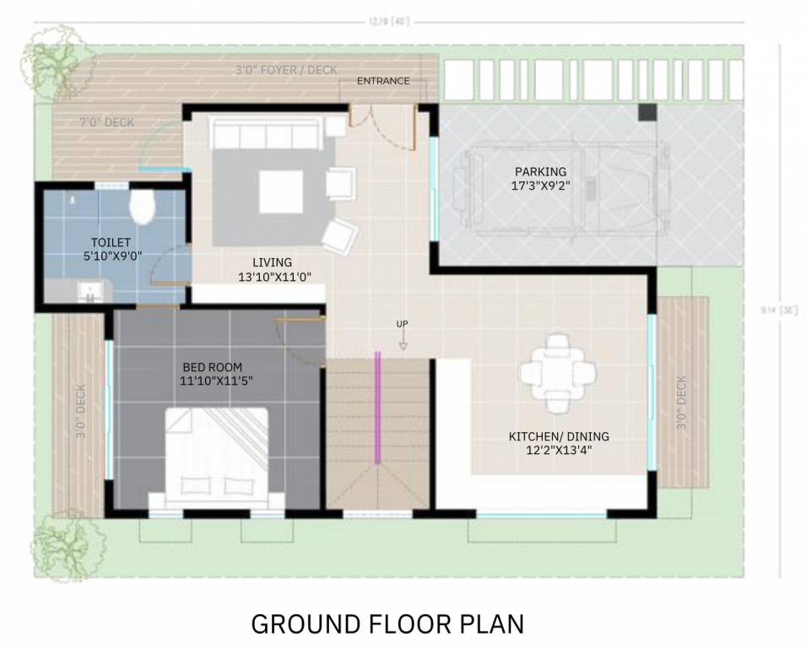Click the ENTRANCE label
383,81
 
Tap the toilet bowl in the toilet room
143,205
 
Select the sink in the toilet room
89,292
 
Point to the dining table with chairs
557,374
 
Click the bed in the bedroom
216,458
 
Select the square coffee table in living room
280,192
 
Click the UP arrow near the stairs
403,334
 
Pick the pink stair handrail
378,407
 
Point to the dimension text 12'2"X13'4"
558,451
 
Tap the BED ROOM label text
212,367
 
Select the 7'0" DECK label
106,123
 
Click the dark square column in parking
647,112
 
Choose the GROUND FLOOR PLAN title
387,624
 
